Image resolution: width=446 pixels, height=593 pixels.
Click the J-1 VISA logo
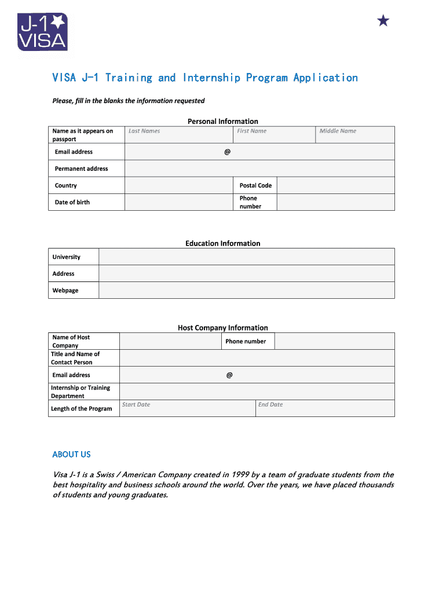click(43, 32)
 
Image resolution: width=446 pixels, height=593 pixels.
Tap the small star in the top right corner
click(383, 21)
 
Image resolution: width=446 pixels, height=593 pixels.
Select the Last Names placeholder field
click(179, 134)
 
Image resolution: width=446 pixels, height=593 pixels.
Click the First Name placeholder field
click(274, 134)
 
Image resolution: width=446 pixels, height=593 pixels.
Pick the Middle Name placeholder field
click(355, 134)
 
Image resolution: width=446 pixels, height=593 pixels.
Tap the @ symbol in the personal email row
click(227, 152)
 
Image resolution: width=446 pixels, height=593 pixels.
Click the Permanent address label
click(81, 169)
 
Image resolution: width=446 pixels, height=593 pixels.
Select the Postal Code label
click(255, 185)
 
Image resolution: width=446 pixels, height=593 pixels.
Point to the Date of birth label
click(72, 202)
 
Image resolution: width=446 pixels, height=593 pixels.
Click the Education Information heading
click(222, 243)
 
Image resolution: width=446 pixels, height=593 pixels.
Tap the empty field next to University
click(246, 257)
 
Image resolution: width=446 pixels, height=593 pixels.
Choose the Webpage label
click(65, 290)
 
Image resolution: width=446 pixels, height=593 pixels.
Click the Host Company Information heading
click(222, 328)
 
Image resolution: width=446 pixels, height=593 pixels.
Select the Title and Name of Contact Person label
click(75, 358)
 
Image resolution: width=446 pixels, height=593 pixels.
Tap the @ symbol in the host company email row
click(229, 375)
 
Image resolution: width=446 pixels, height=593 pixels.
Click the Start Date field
click(187, 408)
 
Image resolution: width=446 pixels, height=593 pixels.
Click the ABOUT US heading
click(71, 455)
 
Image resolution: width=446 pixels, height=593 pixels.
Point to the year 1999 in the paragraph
click(239, 475)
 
